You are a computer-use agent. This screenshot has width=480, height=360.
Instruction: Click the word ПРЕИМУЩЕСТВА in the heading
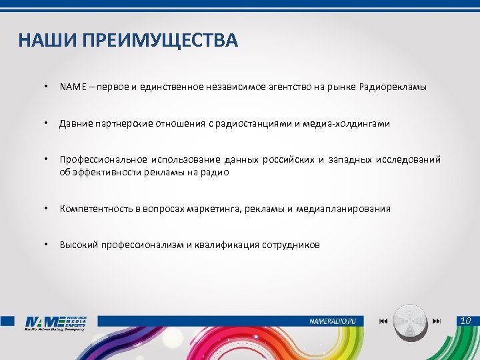[x=159, y=41]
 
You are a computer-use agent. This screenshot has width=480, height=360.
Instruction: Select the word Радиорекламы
[x=393, y=87]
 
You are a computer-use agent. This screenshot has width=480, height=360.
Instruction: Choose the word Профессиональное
[x=103, y=160]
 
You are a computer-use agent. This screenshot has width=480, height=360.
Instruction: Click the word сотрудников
[x=289, y=245]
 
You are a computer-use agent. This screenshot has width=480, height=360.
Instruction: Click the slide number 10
[x=465, y=321]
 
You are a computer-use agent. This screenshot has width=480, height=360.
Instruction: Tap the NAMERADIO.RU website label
[x=337, y=321]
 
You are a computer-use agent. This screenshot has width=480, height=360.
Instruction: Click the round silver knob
[x=411, y=321]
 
